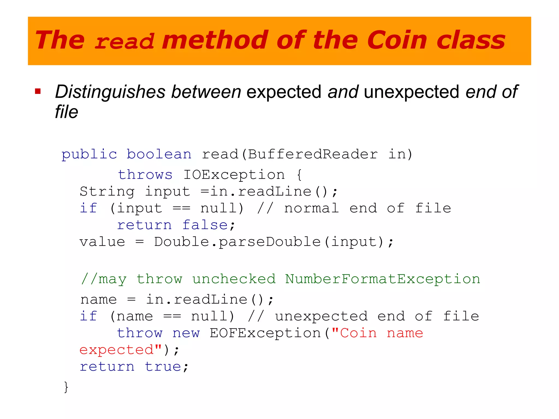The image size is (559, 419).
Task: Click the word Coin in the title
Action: (x=397, y=40)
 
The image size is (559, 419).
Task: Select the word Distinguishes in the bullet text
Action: (x=110, y=92)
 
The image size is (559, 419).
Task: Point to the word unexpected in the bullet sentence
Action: (x=412, y=92)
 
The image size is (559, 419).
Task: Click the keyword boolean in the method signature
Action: (x=159, y=154)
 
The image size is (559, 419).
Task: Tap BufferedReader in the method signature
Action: (x=313, y=154)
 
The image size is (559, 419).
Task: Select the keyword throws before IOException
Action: (x=145, y=175)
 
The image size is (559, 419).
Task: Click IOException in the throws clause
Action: (x=234, y=175)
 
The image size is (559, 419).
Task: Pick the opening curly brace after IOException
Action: (x=299, y=175)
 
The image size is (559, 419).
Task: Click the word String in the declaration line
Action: (x=107, y=192)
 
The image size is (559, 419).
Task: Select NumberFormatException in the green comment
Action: (x=382, y=279)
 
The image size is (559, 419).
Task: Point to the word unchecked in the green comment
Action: (x=234, y=279)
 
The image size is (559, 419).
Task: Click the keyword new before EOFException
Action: (x=186, y=333)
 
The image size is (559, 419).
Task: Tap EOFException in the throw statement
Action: (x=265, y=333)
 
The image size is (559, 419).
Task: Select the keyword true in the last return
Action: (x=163, y=367)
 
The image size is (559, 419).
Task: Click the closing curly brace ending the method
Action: (x=66, y=387)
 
